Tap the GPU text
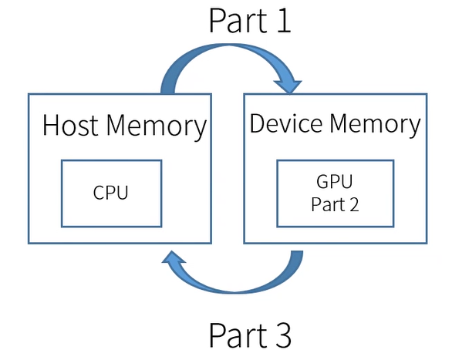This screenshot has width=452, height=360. pos(333,183)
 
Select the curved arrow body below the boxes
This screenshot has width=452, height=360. pos(239,285)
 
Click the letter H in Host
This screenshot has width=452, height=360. pos(50,126)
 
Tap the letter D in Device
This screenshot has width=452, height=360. pos(257,123)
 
